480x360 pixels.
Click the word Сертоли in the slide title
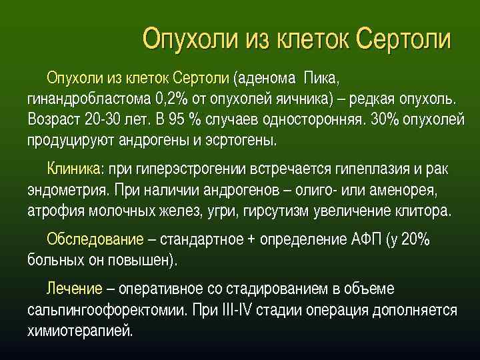pyautogui.click(x=403, y=38)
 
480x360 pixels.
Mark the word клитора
pyautogui.click(x=423, y=211)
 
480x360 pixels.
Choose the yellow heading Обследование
pyautogui.click(x=95, y=239)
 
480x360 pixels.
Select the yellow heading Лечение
pyautogui.click(x=74, y=289)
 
